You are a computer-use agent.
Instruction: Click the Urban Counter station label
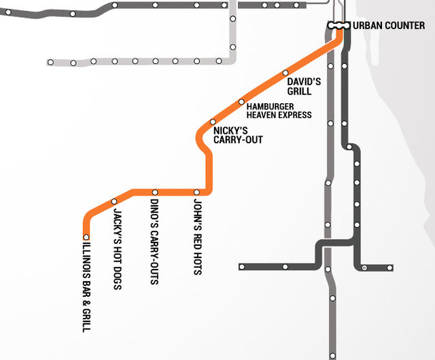click(x=389, y=26)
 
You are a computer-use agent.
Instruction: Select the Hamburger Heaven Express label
click(x=279, y=111)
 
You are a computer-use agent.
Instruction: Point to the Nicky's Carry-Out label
click(x=237, y=135)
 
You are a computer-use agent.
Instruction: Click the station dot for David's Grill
click(x=285, y=73)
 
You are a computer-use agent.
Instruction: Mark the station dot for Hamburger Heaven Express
click(x=241, y=102)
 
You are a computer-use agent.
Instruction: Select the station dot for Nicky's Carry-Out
click(x=213, y=122)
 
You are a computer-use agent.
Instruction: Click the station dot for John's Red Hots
click(x=197, y=192)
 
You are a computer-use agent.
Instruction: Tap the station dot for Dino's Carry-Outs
click(x=154, y=192)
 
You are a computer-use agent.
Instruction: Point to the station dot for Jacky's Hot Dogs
click(x=114, y=201)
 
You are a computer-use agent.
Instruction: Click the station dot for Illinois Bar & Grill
click(x=86, y=237)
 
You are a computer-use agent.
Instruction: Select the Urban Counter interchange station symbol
click(x=338, y=25)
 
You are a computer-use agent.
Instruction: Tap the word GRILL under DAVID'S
click(x=299, y=91)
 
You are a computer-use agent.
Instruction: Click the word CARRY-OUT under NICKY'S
click(x=238, y=140)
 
